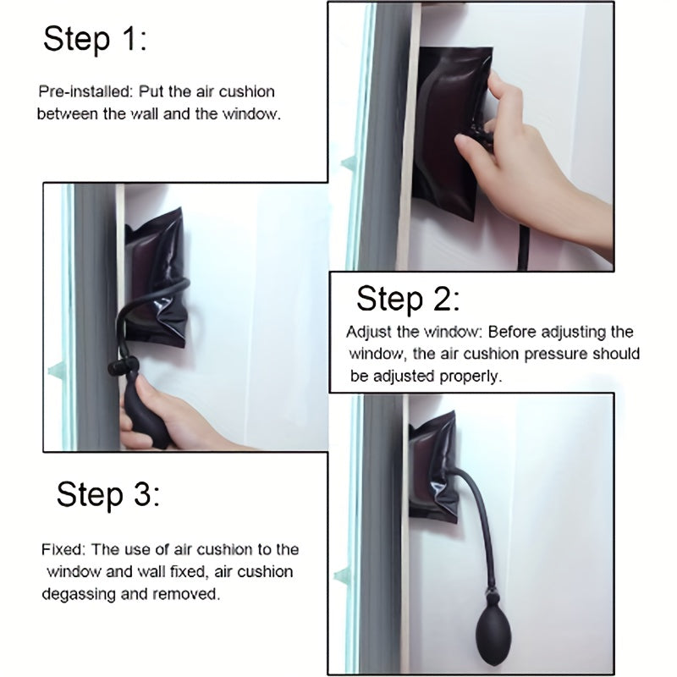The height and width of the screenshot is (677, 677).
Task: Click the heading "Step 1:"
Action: [x=94, y=39]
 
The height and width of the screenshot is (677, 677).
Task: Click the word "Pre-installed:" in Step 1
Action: [x=81, y=91]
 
